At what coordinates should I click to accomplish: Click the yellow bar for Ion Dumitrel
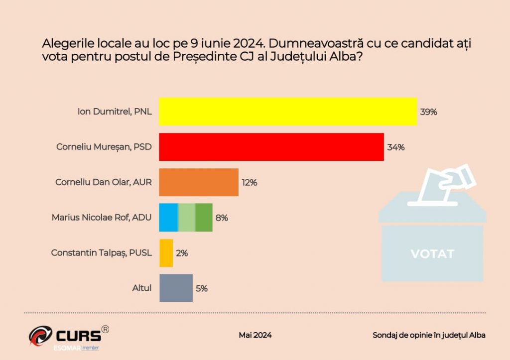pos(287,112)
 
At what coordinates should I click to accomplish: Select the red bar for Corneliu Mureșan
pos(271,147)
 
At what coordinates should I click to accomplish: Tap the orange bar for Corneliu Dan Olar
pos(198,182)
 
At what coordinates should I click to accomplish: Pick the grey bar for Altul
pos(175,288)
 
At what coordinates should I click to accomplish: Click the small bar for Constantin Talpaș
pos(166,253)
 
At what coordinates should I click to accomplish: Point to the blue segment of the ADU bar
pos(168,218)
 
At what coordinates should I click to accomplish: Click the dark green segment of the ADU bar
pos(204,218)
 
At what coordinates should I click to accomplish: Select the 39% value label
pos(428,112)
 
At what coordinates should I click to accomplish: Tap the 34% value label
pos(395,147)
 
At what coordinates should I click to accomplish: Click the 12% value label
pos(249,183)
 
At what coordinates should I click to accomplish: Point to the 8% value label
pos(222,218)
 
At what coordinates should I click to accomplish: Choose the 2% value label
pos(182,253)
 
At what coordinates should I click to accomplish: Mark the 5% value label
pos(201,288)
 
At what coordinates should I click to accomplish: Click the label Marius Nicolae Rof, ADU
pos(102,218)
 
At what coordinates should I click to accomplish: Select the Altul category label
pos(141,288)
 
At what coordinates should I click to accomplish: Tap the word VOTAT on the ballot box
pos(432,254)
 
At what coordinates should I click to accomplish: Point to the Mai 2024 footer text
pos(255,335)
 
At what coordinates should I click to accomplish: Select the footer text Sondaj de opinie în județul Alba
pos(429,335)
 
